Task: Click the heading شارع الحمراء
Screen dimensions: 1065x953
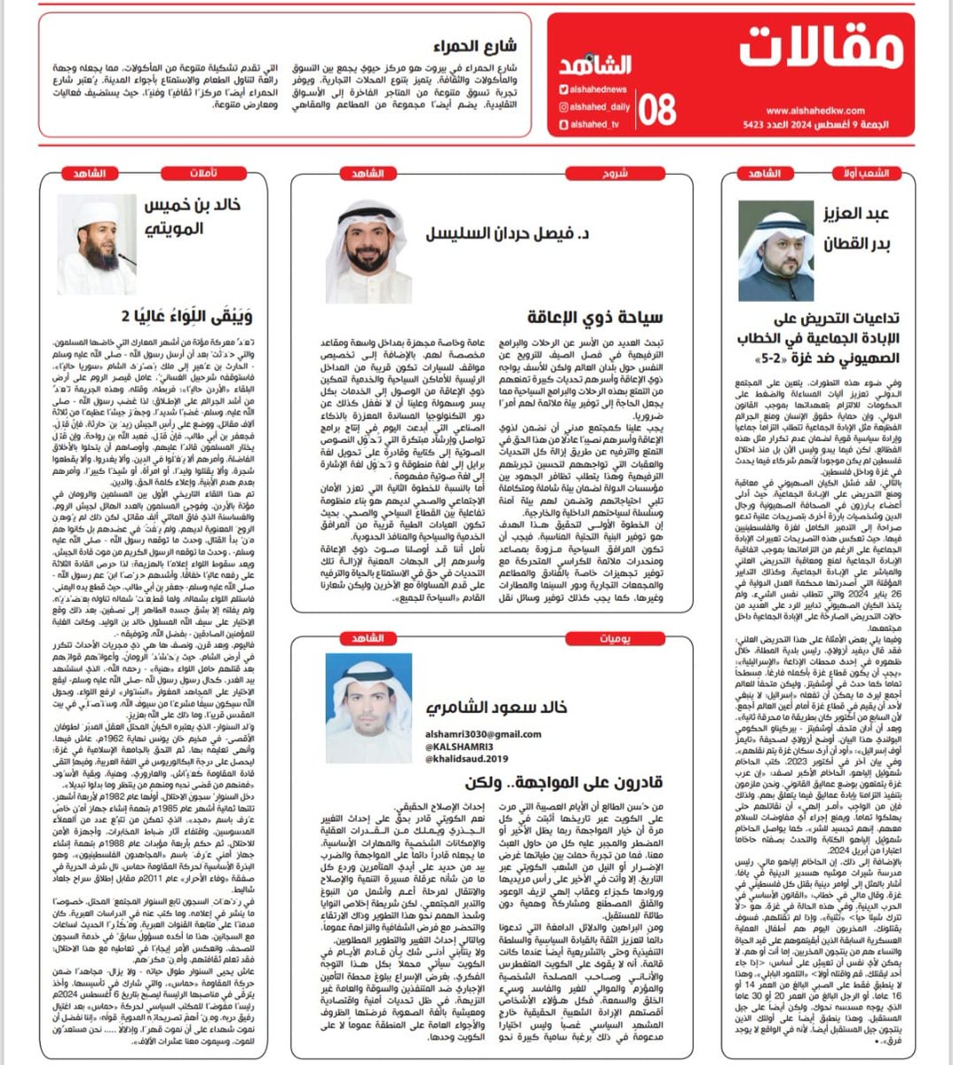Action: [476, 46]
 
